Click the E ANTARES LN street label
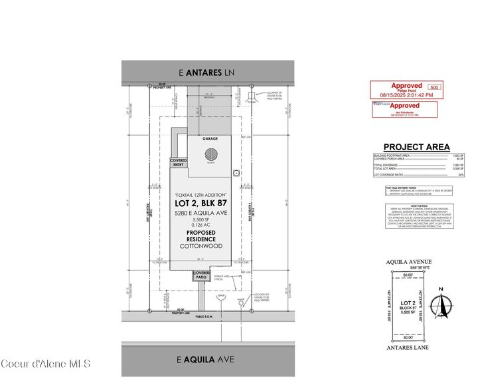pos(208,71)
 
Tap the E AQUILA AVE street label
pos(207,360)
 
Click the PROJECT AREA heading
pos(416,147)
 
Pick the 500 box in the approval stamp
pos(434,87)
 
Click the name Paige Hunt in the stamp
pos(406,90)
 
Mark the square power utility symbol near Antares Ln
pos(250,98)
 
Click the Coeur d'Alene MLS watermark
pos(45,364)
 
